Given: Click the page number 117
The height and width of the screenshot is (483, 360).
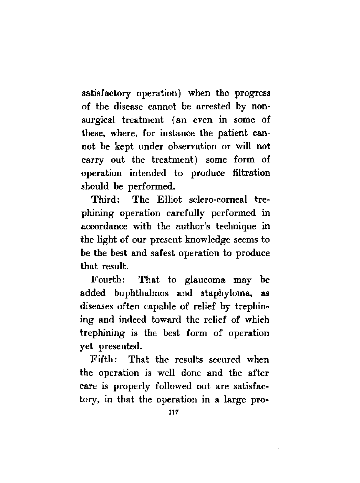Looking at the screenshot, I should (x=174, y=412).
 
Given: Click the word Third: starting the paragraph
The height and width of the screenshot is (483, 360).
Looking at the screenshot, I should (x=105, y=199).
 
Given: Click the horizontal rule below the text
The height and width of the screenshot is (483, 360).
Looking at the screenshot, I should (x=255, y=453).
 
